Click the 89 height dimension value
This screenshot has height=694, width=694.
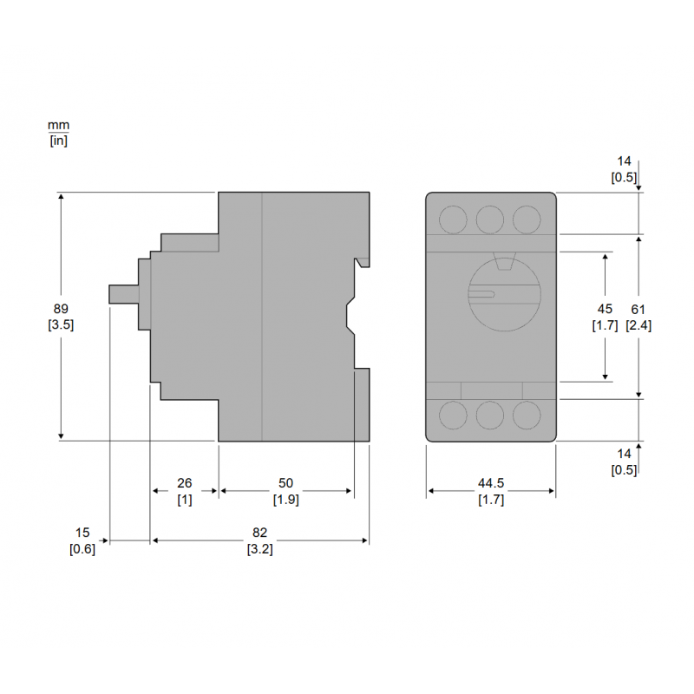click(x=60, y=309)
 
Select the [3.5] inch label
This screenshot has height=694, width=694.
click(x=60, y=325)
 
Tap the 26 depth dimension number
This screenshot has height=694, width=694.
click(x=184, y=482)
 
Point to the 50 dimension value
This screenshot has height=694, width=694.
click(x=285, y=482)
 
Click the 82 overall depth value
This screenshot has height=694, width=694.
click(x=259, y=533)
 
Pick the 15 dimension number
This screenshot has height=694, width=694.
click(x=82, y=533)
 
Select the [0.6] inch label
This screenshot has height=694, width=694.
click(x=82, y=549)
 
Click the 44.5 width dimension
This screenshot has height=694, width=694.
click(x=491, y=483)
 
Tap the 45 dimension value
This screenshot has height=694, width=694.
click(x=606, y=309)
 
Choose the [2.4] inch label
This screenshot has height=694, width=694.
click(x=638, y=325)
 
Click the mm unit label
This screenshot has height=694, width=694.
click(x=58, y=126)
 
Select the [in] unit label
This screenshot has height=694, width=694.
click(x=58, y=141)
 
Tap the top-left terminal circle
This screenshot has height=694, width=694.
click(x=452, y=219)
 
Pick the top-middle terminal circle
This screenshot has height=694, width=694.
click(x=490, y=219)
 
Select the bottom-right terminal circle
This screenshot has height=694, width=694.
click(x=527, y=415)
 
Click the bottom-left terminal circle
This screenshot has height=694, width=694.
click(x=452, y=415)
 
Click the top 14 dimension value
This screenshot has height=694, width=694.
click(x=625, y=161)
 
